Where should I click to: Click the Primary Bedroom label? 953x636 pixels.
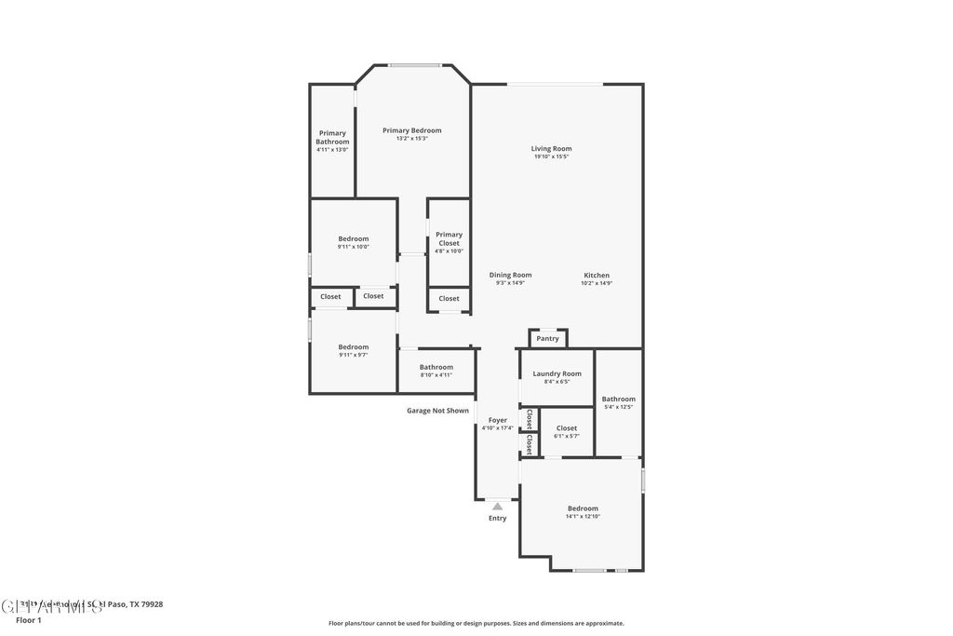click(411, 130)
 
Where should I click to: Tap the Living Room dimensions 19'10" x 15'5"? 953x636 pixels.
click(551, 156)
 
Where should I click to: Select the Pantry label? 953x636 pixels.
click(547, 339)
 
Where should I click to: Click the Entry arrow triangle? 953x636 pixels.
click(498, 506)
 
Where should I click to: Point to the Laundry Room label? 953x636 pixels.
click(557, 373)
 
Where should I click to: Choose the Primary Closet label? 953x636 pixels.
click(449, 239)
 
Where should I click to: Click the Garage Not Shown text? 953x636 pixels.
click(437, 411)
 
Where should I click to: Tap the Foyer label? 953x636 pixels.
click(497, 420)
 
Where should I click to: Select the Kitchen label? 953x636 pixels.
click(597, 276)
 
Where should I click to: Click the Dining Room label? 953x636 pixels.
click(510, 275)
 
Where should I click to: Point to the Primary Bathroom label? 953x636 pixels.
click(332, 137)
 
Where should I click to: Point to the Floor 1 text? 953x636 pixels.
click(29, 620)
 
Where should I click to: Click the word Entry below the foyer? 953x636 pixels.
click(498, 519)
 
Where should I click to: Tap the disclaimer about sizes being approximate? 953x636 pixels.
click(476, 624)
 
